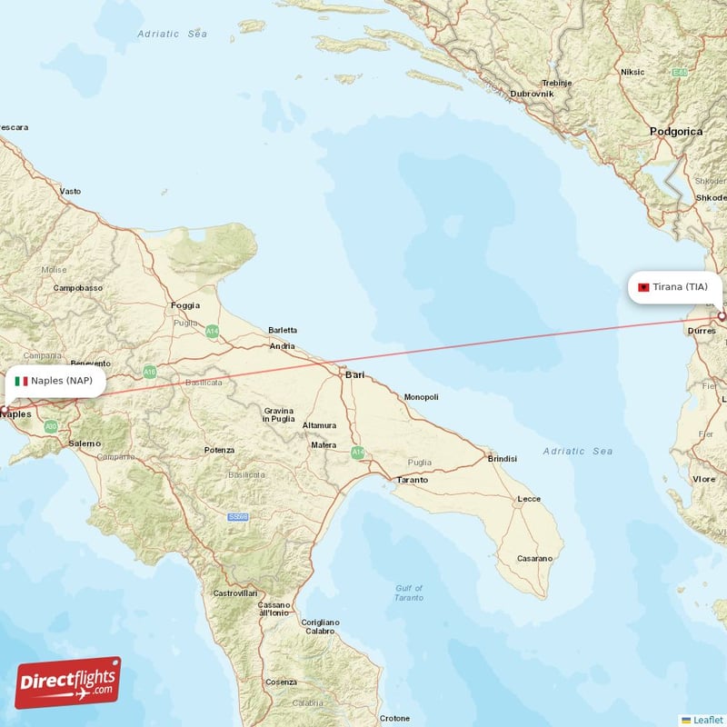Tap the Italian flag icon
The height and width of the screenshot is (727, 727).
21,381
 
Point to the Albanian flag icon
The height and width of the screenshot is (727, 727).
643,287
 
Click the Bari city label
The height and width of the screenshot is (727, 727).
354,374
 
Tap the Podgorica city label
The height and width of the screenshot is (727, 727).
676,132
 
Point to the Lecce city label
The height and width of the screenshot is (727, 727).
529,499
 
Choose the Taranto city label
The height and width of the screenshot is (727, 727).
412,479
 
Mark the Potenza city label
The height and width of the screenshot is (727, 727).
219,450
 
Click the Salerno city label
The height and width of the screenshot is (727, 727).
85,443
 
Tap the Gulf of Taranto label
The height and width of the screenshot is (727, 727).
410,593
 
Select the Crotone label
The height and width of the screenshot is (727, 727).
394,718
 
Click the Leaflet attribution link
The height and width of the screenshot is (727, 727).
707,719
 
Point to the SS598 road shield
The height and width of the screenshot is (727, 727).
238,517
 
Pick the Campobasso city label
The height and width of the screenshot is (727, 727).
78,288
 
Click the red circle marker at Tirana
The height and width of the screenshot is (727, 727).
722,316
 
